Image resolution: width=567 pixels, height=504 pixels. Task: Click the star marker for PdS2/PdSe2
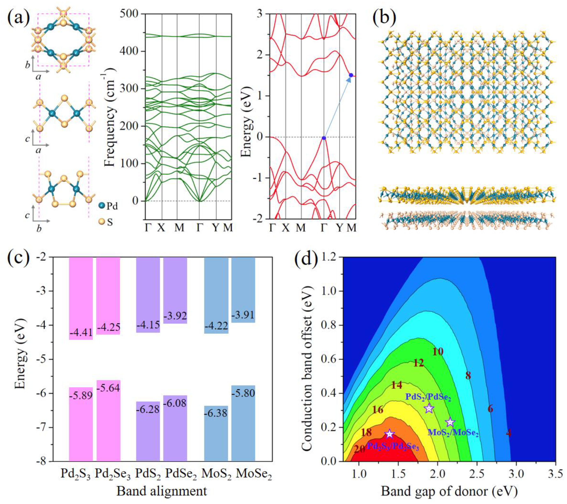tap(429, 408)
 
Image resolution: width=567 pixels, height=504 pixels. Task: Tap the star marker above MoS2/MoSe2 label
tap(450, 422)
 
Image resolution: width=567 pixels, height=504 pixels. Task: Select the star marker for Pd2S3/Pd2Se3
tap(389, 434)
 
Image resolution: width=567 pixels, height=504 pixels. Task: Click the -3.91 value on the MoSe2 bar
tap(243, 315)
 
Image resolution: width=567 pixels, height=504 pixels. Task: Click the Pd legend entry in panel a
tap(108, 206)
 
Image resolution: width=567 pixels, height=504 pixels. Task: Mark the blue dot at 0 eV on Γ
tap(324, 138)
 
